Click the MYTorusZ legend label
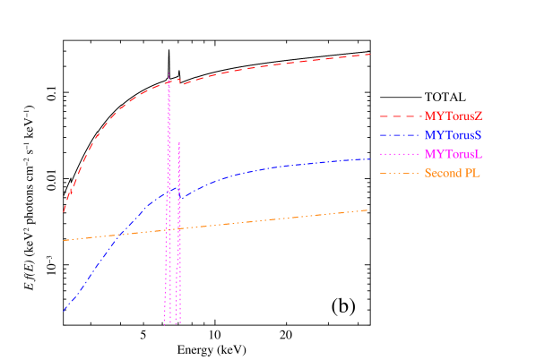(x=454, y=116)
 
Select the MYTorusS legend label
(x=454, y=134)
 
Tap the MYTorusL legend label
(x=454, y=154)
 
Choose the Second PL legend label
(x=453, y=173)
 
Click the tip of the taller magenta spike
(x=169, y=73)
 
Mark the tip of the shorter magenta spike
(x=179, y=141)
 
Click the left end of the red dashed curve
(x=64, y=212)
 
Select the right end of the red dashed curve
(x=371, y=55)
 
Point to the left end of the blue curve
(x=64, y=312)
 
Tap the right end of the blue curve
(x=371, y=159)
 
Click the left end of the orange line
(x=64, y=241)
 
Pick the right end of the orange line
(x=368, y=210)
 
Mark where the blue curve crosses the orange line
(x=120, y=235)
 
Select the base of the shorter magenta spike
(x=178, y=322)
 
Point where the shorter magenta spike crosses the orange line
(x=179, y=229)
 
